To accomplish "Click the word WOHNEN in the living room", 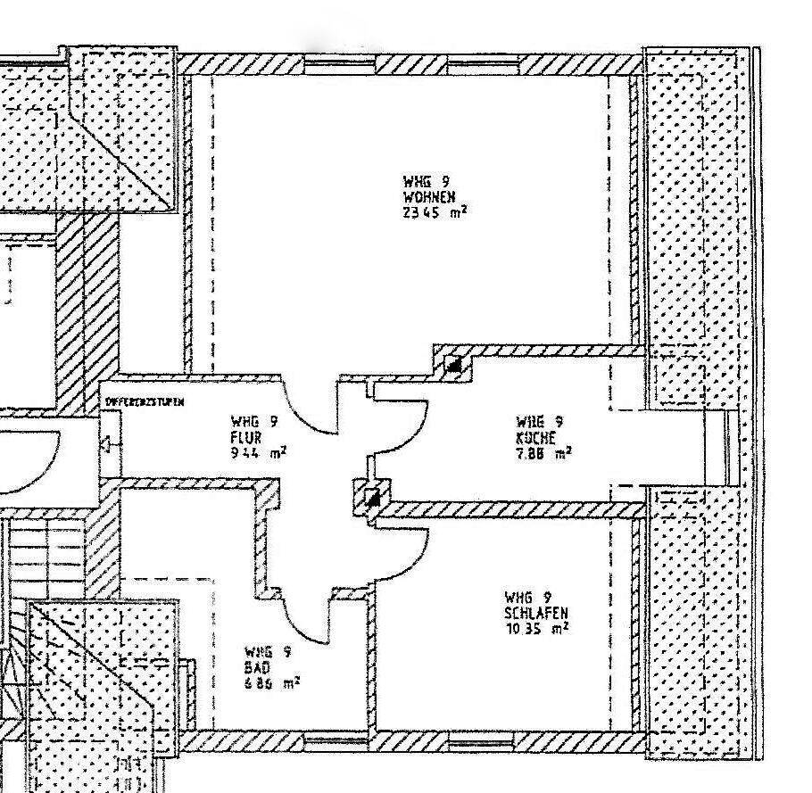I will (x=430, y=197).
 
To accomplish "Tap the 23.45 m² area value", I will (x=435, y=212).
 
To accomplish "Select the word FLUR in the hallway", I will (x=246, y=437).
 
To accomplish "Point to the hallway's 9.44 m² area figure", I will (x=258, y=452).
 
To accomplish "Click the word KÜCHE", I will (x=536, y=438).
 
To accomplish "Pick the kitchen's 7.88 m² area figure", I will (x=543, y=453).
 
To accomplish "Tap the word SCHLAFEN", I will (x=536, y=612).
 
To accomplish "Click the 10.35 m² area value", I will (x=536, y=627).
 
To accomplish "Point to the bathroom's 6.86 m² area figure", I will (x=266, y=682).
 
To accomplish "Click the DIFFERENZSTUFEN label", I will (x=145, y=402).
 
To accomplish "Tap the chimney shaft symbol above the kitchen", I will (x=454, y=364).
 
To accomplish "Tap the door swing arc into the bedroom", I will (x=397, y=562).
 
